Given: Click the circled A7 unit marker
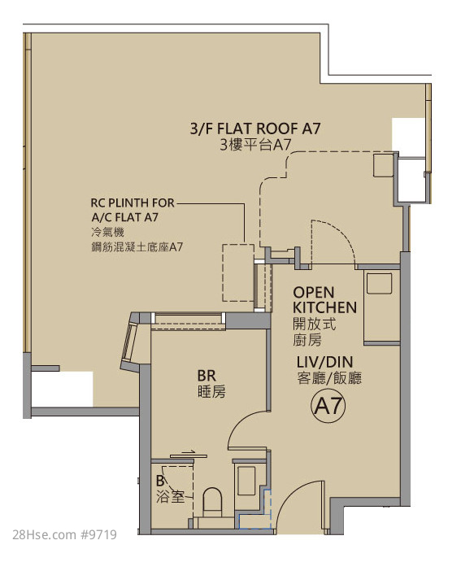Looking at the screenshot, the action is click(328, 406).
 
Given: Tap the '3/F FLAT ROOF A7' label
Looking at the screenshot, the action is click(255, 129).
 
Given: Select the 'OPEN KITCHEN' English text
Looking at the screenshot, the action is click(324, 300).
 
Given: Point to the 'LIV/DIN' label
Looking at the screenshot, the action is click(324, 362).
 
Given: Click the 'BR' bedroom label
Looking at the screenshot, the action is click(207, 376).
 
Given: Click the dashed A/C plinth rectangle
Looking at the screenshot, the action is click(238, 272).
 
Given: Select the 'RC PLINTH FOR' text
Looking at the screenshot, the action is click(133, 203).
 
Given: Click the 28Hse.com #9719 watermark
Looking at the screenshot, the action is click(64, 535).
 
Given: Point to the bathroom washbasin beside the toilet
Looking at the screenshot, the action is click(246, 481).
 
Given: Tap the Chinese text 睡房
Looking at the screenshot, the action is click(211, 392).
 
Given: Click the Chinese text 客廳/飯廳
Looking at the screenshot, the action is click(329, 378).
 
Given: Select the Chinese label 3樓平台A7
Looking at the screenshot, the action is click(255, 145).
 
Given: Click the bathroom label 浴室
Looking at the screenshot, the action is click(170, 497).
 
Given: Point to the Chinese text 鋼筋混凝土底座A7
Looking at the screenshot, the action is click(137, 247).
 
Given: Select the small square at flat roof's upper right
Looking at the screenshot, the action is click(383, 165).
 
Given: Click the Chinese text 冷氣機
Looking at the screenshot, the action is click(107, 232).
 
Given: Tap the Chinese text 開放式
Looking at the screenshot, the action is click(314, 325).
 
